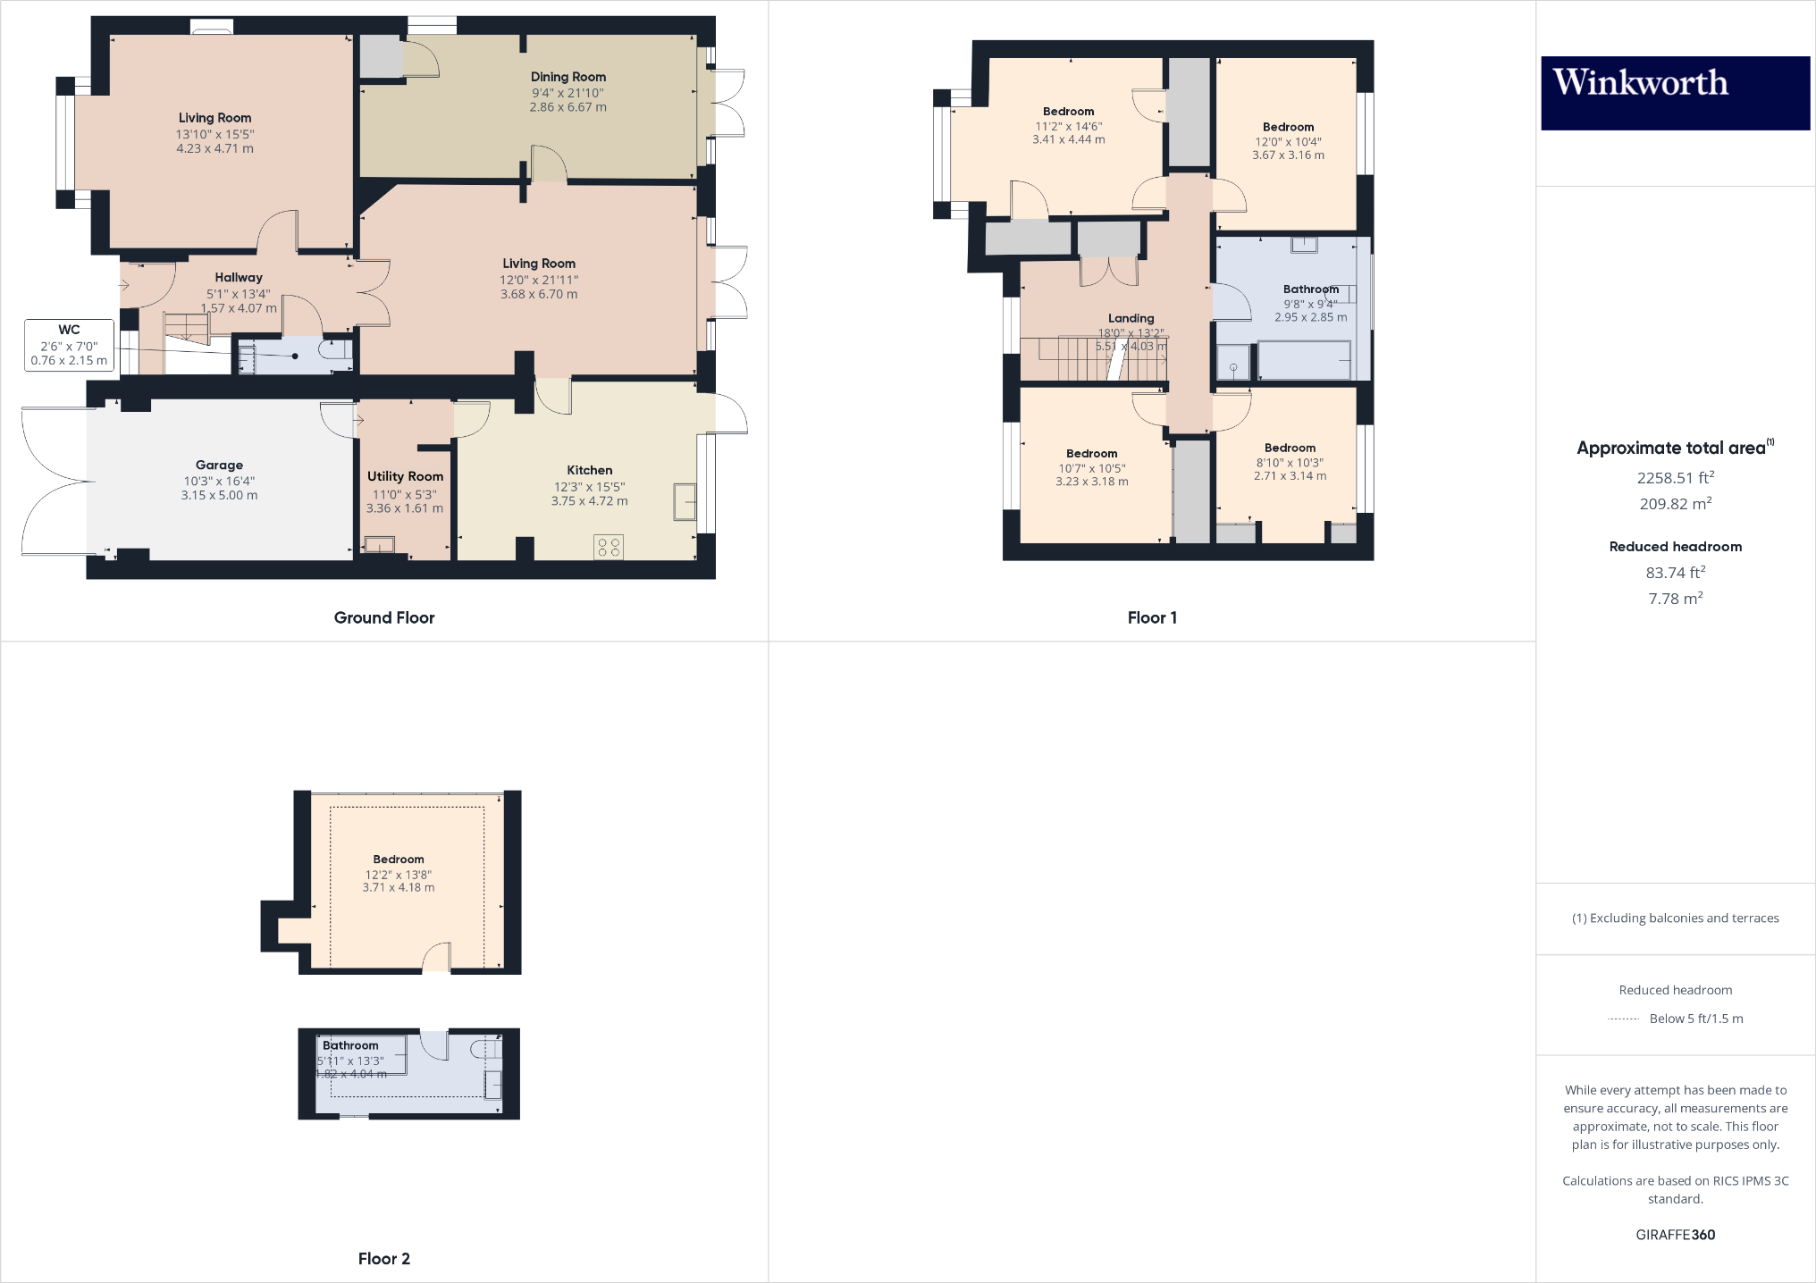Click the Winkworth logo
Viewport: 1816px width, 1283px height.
coord(1675,92)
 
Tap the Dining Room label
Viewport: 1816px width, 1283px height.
coord(567,78)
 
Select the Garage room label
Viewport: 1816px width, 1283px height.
coord(219,465)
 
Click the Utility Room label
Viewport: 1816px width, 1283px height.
coord(405,477)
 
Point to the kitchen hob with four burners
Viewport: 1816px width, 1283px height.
coord(609,547)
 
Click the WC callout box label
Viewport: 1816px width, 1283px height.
coord(69,330)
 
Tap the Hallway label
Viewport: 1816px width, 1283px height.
coord(239,278)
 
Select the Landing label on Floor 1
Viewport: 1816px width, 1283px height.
coord(1131,319)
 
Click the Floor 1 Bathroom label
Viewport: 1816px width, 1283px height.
coord(1310,289)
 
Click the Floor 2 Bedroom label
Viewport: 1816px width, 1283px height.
coord(399,860)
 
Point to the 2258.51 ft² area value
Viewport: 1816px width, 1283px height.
coord(1675,478)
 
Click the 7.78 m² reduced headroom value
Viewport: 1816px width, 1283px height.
coord(1675,599)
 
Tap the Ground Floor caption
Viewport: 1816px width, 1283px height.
coord(384,617)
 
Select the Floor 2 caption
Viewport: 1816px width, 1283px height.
coord(384,1259)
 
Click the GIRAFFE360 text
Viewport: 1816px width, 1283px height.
coord(1675,1235)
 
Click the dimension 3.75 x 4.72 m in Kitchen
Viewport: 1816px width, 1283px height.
coord(589,501)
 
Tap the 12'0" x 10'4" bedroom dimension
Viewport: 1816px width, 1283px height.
coord(1288,142)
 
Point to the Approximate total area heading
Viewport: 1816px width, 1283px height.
coord(1670,449)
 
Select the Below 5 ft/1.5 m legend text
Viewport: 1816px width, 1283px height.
coord(1695,1019)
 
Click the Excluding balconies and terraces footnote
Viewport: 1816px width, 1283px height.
coord(1675,918)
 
